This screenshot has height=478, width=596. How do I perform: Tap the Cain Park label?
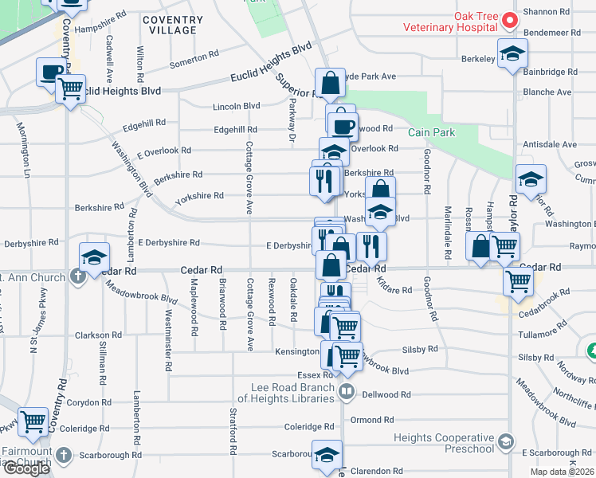tap(431, 132)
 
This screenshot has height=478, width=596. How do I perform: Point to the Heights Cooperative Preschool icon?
tap(505, 441)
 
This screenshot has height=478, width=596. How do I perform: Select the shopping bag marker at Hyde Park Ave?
tap(329, 81)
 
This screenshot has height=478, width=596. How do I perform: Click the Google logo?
tap(26, 468)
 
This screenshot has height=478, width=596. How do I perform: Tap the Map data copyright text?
tap(562, 472)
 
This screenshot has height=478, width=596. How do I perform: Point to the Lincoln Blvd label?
tap(237, 106)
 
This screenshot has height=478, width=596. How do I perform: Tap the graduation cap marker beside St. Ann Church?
tap(94, 256)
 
